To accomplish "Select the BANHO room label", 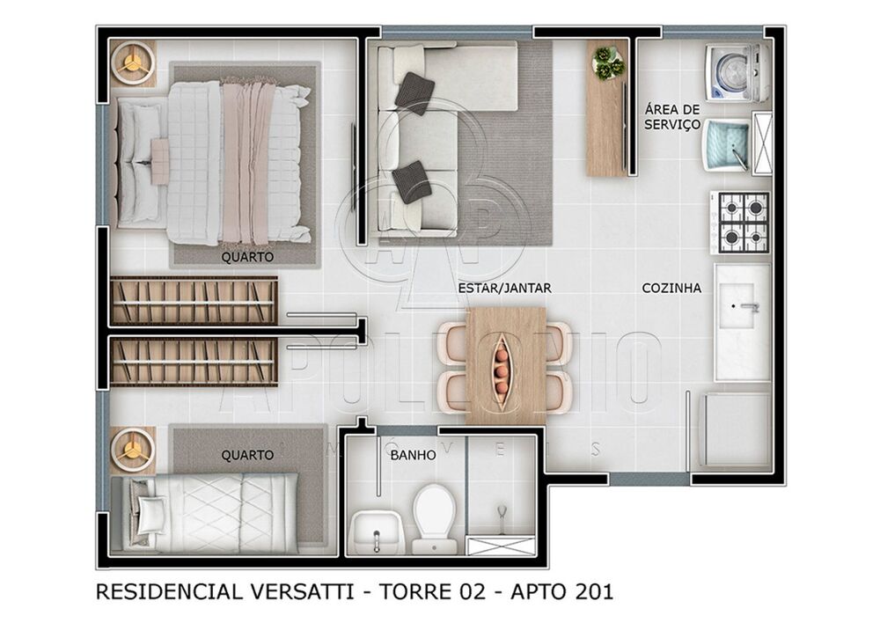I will pyautogui.click(x=413, y=456).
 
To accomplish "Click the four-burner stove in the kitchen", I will pyautogui.click(x=740, y=222).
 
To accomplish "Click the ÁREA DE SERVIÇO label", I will pyautogui.click(x=672, y=117).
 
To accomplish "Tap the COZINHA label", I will pyautogui.click(x=671, y=288).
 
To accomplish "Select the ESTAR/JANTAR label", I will pyautogui.click(x=493, y=288).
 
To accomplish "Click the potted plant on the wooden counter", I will pyautogui.click(x=607, y=62).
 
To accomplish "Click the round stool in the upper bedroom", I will pyautogui.click(x=134, y=62).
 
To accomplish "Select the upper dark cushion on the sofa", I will pyautogui.click(x=414, y=92).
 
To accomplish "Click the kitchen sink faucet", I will pyautogui.click(x=748, y=308).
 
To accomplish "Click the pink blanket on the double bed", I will pyautogui.click(x=247, y=163).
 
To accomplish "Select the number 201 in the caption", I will pyautogui.click(x=589, y=592).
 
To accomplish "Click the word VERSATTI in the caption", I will pyautogui.click(x=297, y=592).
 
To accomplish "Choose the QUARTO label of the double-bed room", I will pyautogui.click(x=247, y=257).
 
